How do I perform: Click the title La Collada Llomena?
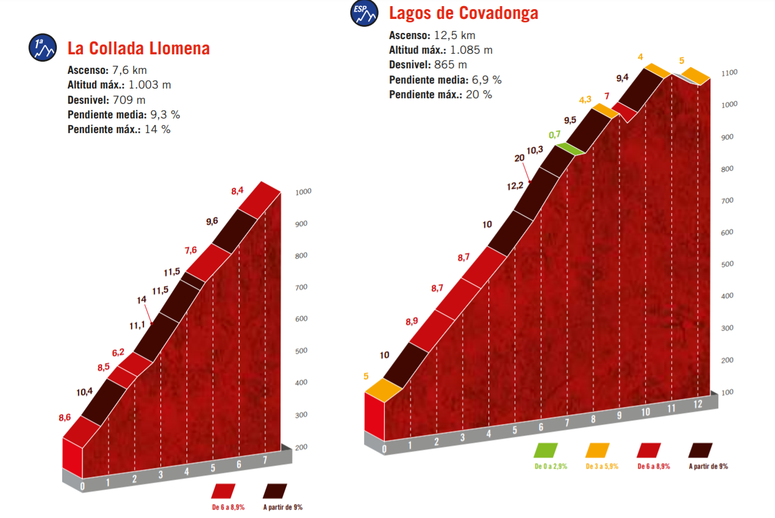pyautogui.click(x=138, y=48)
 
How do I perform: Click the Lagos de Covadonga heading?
pyautogui.click(x=463, y=13)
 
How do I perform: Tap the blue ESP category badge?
pyautogui.click(x=364, y=14)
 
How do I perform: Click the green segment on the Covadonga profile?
pyautogui.click(x=567, y=148)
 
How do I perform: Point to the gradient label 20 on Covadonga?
pyautogui.click(x=519, y=157)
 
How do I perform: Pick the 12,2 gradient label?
pyautogui.click(x=515, y=186)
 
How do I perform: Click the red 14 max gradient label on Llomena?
pyautogui.click(x=141, y=300)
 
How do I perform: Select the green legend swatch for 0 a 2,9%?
pyautogui.click(x=546, y=450)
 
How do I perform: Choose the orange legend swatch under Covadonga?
pyautogui.click(x=598, y=450)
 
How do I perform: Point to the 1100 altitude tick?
pyautogui.click(x=729, y=73)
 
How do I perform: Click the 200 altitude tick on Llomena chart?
pyautogui.click(x=301, y=447)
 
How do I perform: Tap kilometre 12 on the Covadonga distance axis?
pyautogui.click(x=698, y=403)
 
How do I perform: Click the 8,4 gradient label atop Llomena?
pyautogui.click(x=237, y=191)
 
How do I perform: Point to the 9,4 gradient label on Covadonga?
pyautogui.click(x=622, y=77)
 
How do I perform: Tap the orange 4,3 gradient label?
pyautogui.click(x=585, y=99)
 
